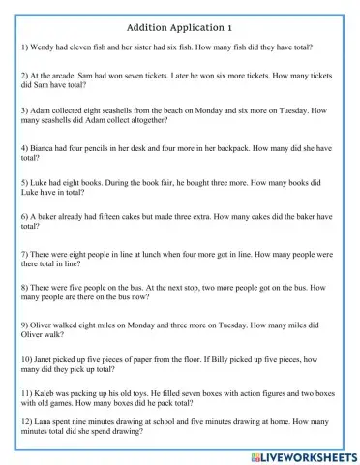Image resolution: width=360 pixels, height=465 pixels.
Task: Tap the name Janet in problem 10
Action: tap(49, 359)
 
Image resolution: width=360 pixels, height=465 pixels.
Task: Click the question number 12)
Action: tap(29, 423)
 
